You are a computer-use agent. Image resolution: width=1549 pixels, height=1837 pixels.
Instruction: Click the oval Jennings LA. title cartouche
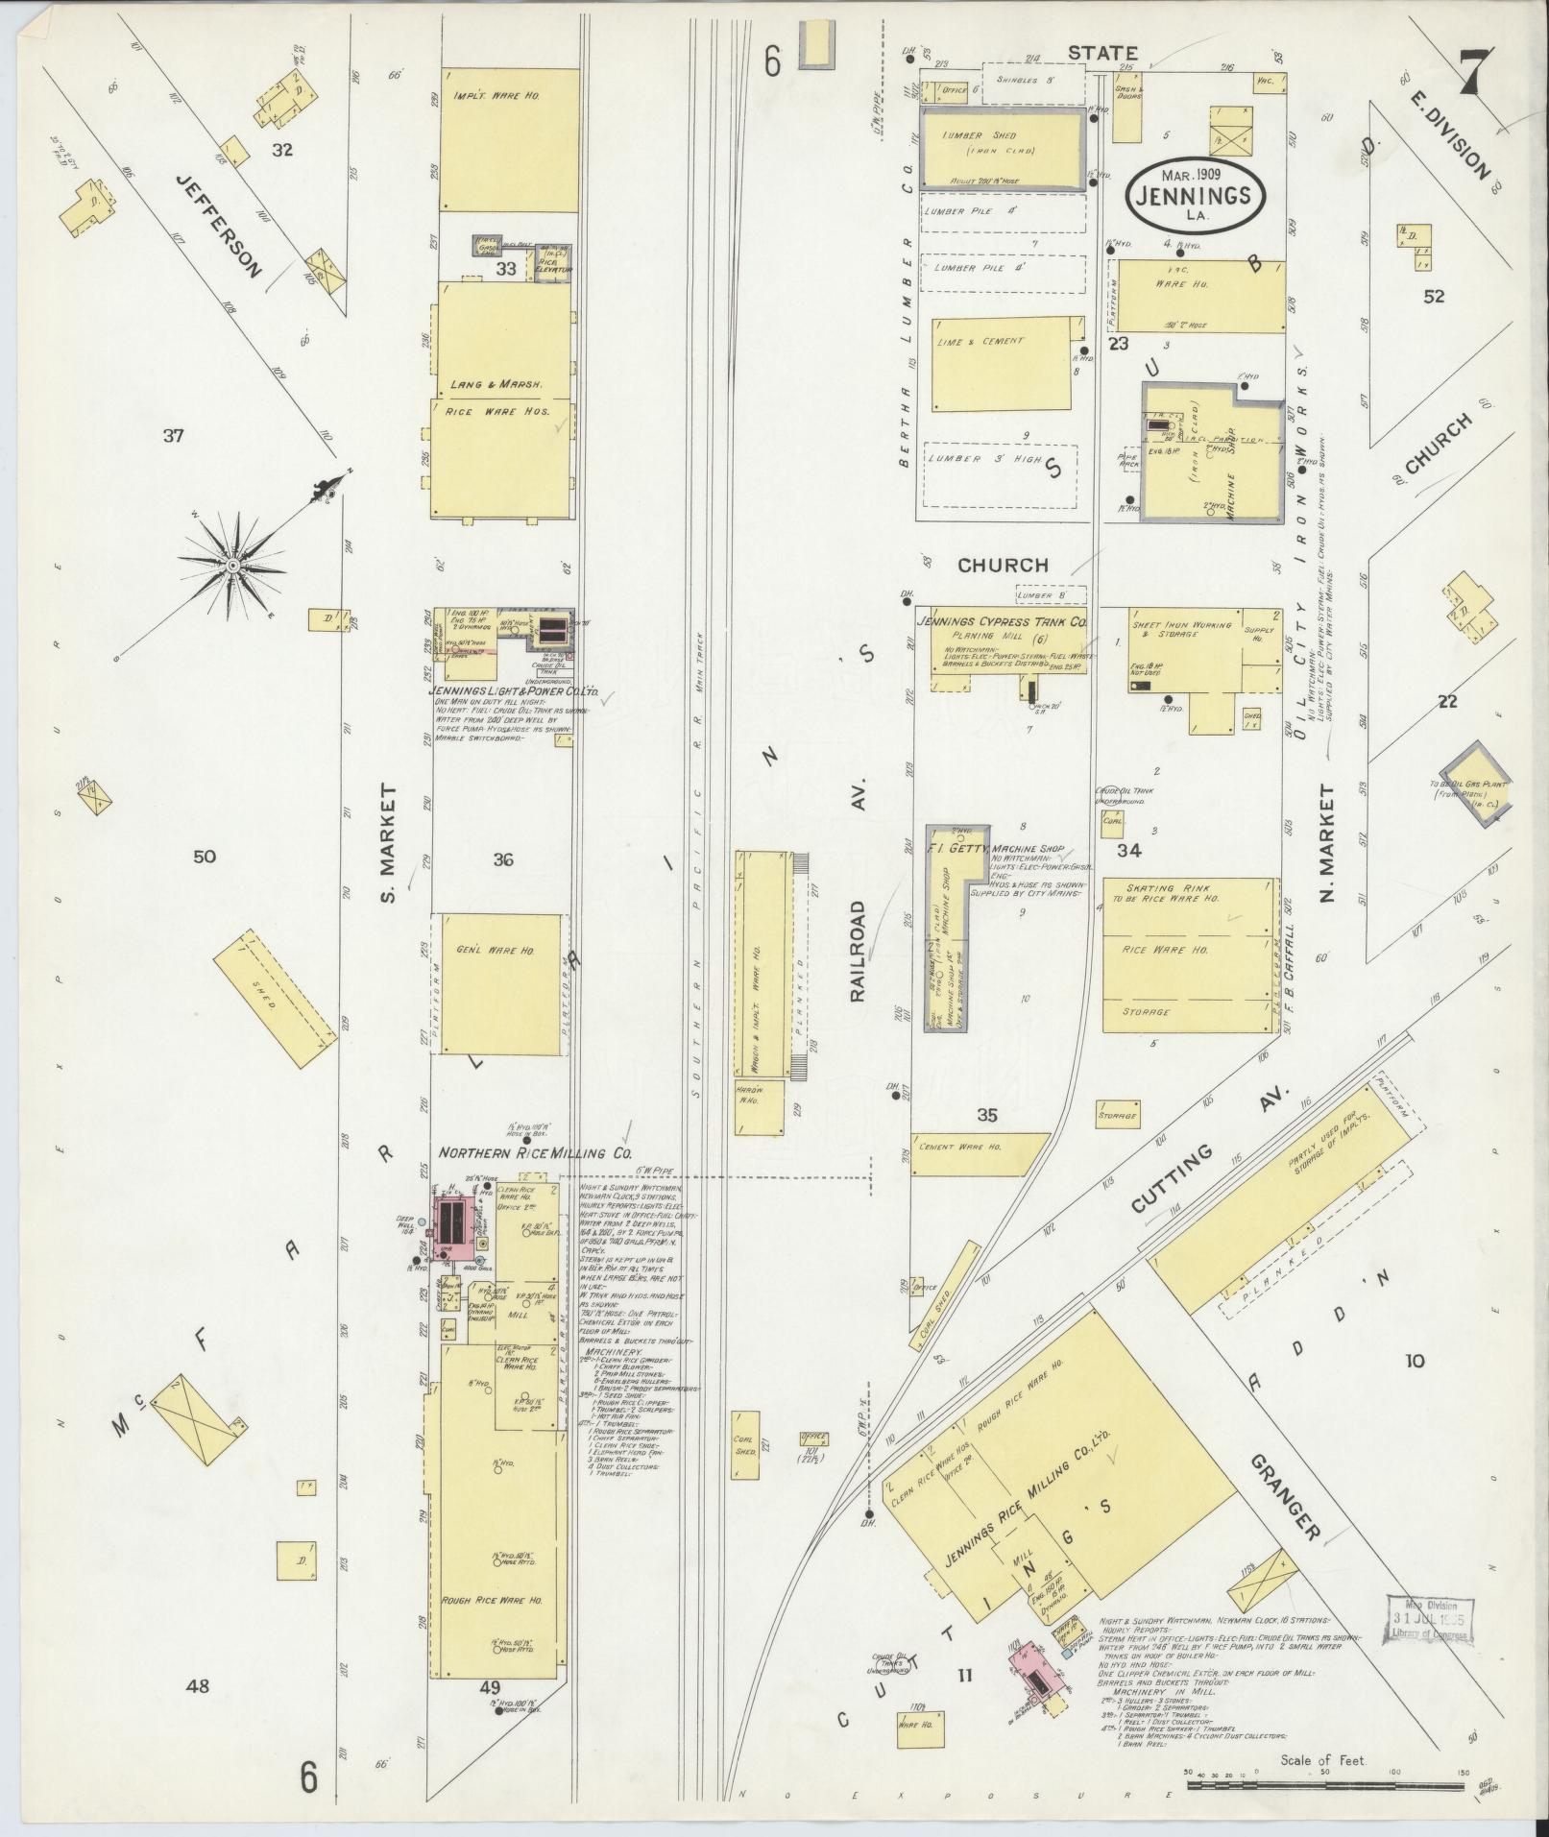[1195, 194]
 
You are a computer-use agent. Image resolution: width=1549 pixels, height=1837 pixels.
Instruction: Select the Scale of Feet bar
[1325, 1784]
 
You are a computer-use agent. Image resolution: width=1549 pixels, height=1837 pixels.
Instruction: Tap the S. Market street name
[387, 829]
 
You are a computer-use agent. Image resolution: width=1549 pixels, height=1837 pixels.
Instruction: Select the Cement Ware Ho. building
[975, 1153]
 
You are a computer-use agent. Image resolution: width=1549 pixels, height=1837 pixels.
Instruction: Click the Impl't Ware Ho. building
[510, 139]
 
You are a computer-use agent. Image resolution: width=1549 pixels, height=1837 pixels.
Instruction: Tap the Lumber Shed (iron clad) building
[1004, 148]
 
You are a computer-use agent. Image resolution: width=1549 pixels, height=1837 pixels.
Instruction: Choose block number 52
[1433, 297]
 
